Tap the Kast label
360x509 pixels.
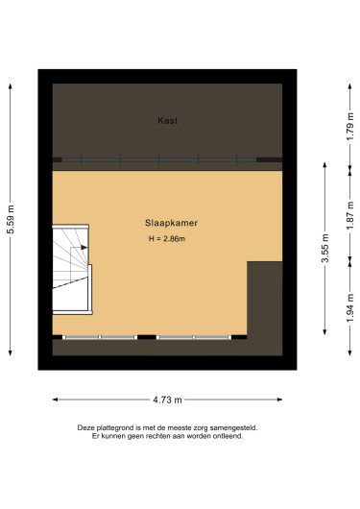coord(168,121)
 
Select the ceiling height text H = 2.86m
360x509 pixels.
coord(167,238)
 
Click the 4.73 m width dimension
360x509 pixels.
coord(169,399)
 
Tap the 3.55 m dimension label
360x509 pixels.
coord(325,248)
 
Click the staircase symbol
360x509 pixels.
coord(71,270)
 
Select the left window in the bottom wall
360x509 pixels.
coord(100,337)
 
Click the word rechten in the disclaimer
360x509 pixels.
coord(152,436)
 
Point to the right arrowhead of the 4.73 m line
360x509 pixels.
coord(282,399)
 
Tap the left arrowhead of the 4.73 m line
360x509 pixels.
coord(55,399)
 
